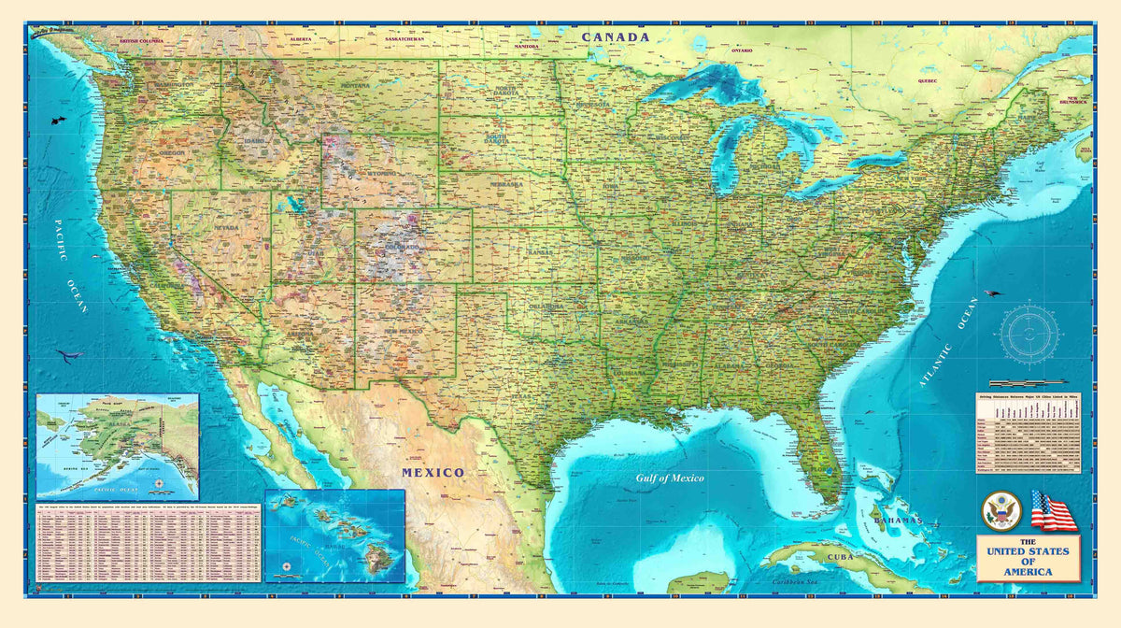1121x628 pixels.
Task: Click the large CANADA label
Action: pyautogui.click(x=615, y=37)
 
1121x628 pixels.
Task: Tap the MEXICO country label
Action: pyautogui.click(x=433, y=473)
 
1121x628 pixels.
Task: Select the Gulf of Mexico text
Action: pyautogui.click(x=670, y=478)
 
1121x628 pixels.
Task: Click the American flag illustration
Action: pyautogui.click(x=1053, y=511)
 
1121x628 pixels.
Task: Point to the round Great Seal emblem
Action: pyautogui.click(x=1001, y=511)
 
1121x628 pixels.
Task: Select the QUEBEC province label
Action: pyautogui.click(x=927, y=80)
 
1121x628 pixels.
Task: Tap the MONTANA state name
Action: pyautogui.click(x=354, y=86)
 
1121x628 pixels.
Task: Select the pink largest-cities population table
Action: pyautogui.click(x=148, y=543)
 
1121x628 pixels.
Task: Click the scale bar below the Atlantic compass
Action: pyautogui.click(x=1026, y=383)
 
